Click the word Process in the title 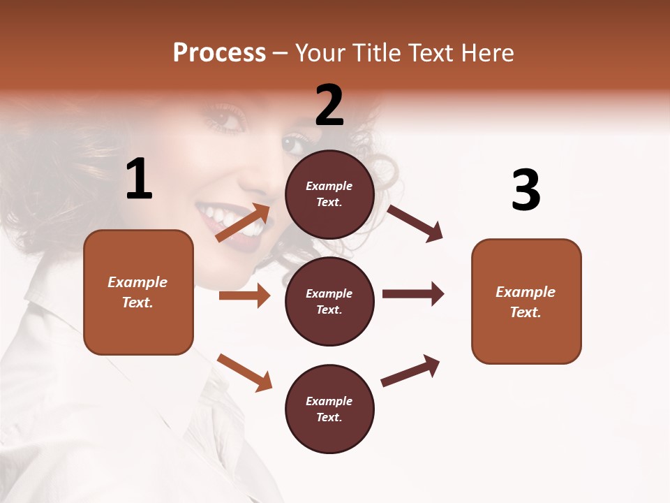(219, 53)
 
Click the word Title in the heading (377, 53)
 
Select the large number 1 (139, 180)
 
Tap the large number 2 (329, 105)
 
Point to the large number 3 (526, 190)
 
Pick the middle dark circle (329, 302)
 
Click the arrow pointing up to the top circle (244, 223)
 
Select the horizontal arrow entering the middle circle (244, 296)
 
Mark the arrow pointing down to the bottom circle (244, 372)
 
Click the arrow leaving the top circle (415, 224)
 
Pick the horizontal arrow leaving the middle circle (413, 293)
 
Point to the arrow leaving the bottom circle (410, 371)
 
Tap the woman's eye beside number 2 (293, 143)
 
